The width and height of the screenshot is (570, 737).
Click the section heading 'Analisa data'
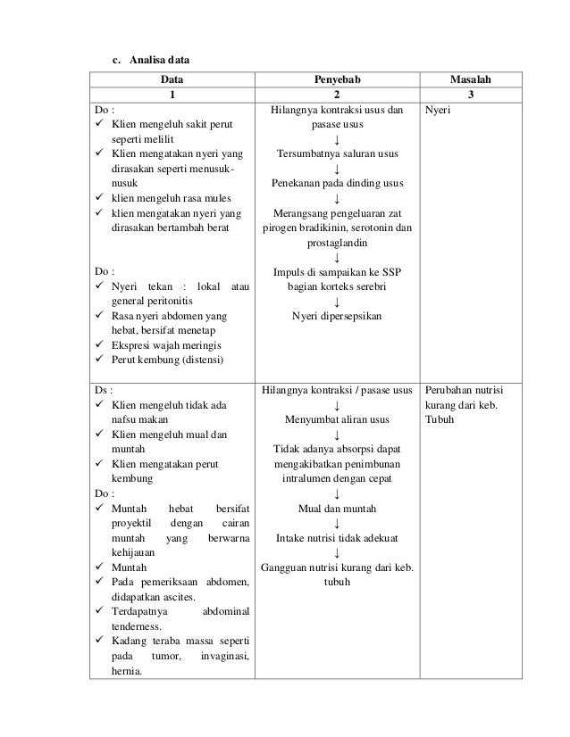point(158,60)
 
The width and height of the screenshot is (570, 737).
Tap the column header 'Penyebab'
point(337,79)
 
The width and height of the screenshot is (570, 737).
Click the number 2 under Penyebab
point(337,95)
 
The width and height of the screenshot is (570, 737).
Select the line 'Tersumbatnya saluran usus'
point(337,153)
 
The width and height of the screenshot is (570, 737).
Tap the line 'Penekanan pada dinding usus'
point(337,184)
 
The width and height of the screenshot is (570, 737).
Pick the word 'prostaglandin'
point(337,242)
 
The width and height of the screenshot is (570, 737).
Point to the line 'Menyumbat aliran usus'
point(337,420)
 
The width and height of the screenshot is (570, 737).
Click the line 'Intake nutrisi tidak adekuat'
point(337,538)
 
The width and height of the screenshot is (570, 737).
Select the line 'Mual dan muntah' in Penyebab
point(337,509)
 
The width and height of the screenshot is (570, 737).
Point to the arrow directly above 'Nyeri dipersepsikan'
point(337,300)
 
